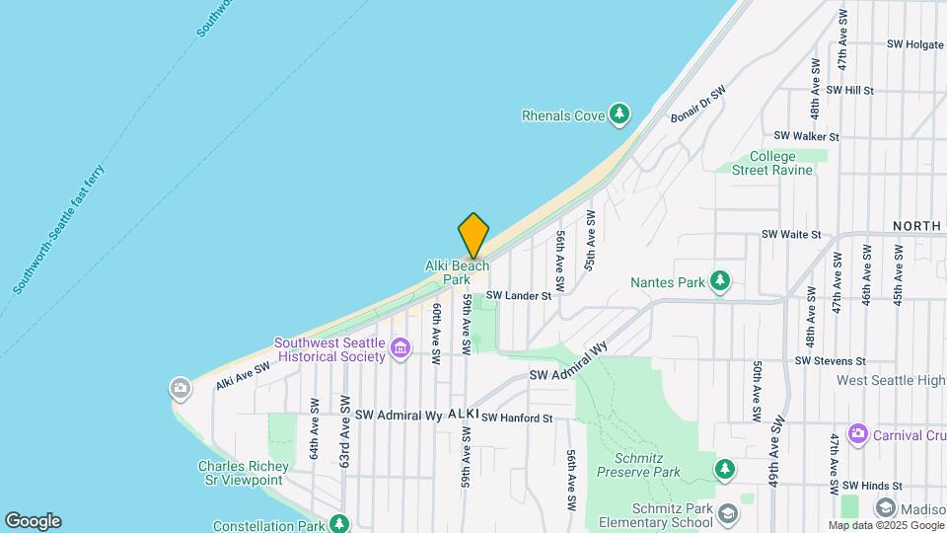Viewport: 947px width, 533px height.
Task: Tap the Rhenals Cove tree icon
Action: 619,115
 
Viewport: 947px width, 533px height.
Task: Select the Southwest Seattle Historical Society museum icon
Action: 400,348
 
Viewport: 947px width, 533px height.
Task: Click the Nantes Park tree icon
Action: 721,281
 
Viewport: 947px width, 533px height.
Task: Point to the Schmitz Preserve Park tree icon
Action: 725,467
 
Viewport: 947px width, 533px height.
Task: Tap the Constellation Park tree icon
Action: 339,522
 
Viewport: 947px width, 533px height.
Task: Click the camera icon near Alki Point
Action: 180,387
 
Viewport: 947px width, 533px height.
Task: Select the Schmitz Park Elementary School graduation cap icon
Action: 727,513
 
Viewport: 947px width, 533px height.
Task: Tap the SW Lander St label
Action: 518,295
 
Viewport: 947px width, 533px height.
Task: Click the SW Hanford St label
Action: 517,419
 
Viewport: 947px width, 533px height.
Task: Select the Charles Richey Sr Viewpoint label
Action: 243,473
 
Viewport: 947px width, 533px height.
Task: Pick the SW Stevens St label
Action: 834,361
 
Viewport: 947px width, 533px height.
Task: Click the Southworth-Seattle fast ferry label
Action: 59,229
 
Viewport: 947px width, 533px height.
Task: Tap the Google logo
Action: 33,521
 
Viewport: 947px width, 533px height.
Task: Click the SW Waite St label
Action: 791,235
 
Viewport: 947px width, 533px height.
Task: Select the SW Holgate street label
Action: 916,44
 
